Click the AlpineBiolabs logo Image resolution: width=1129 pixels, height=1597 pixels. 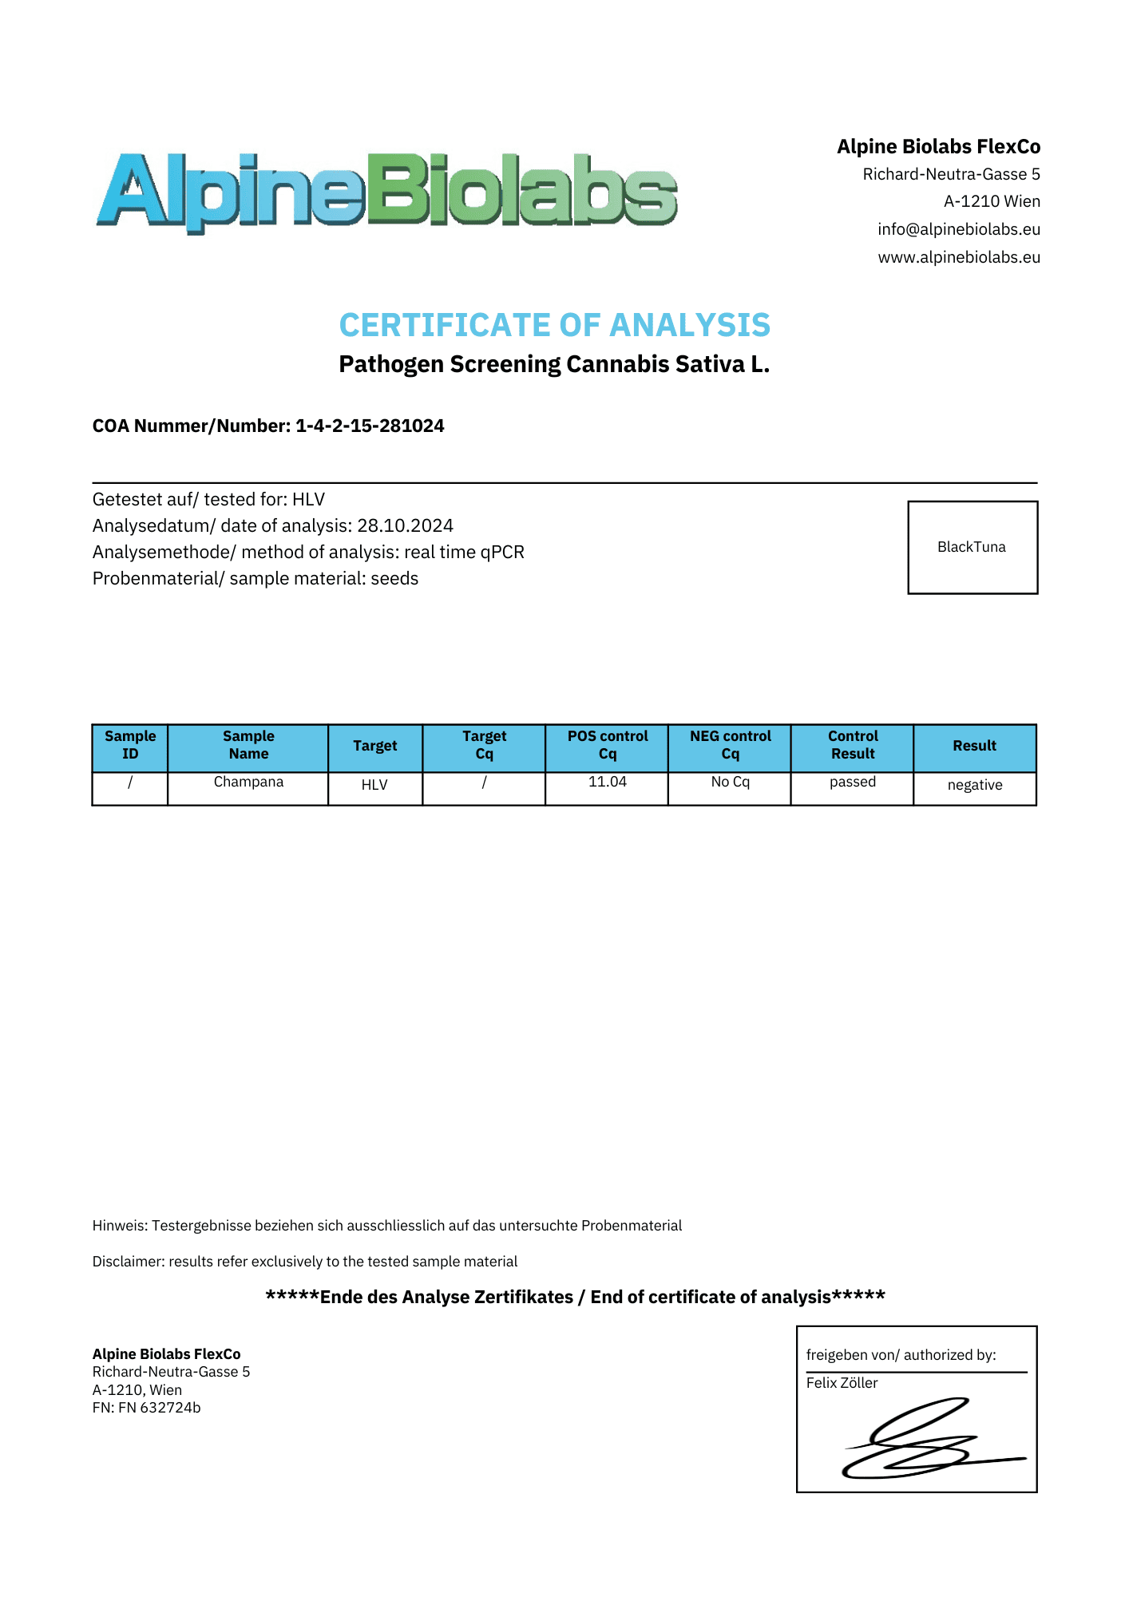tap(386, 192)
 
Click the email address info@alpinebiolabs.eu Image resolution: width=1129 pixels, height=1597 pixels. tap(958, 230)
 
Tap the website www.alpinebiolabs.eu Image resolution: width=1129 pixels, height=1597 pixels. tap(958, 257)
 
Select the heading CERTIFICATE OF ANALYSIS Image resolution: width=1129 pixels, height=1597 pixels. tap(554, 325)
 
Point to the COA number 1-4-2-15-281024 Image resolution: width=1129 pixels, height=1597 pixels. tap(370, 426)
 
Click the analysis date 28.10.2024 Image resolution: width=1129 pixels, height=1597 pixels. tap(405, 526)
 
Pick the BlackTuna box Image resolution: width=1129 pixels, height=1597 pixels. tap(972, 548)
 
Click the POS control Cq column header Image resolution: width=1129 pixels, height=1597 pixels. tap(607, 745)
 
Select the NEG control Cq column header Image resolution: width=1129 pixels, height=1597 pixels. tap(730, 745)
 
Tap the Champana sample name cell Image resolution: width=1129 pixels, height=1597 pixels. tap(248, 783)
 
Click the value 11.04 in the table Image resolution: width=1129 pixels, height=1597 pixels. tap(607, 783)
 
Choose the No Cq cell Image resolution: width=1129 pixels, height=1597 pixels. tap(730, 783)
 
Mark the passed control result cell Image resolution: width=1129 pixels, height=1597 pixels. tap(852, 783)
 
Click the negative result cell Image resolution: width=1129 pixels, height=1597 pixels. tap(974, 786)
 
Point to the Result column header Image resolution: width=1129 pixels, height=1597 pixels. tap(974, 746)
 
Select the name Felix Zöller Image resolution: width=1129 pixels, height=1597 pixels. tap(842, 1383)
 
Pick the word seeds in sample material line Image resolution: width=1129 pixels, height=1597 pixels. tap(394, 579)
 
